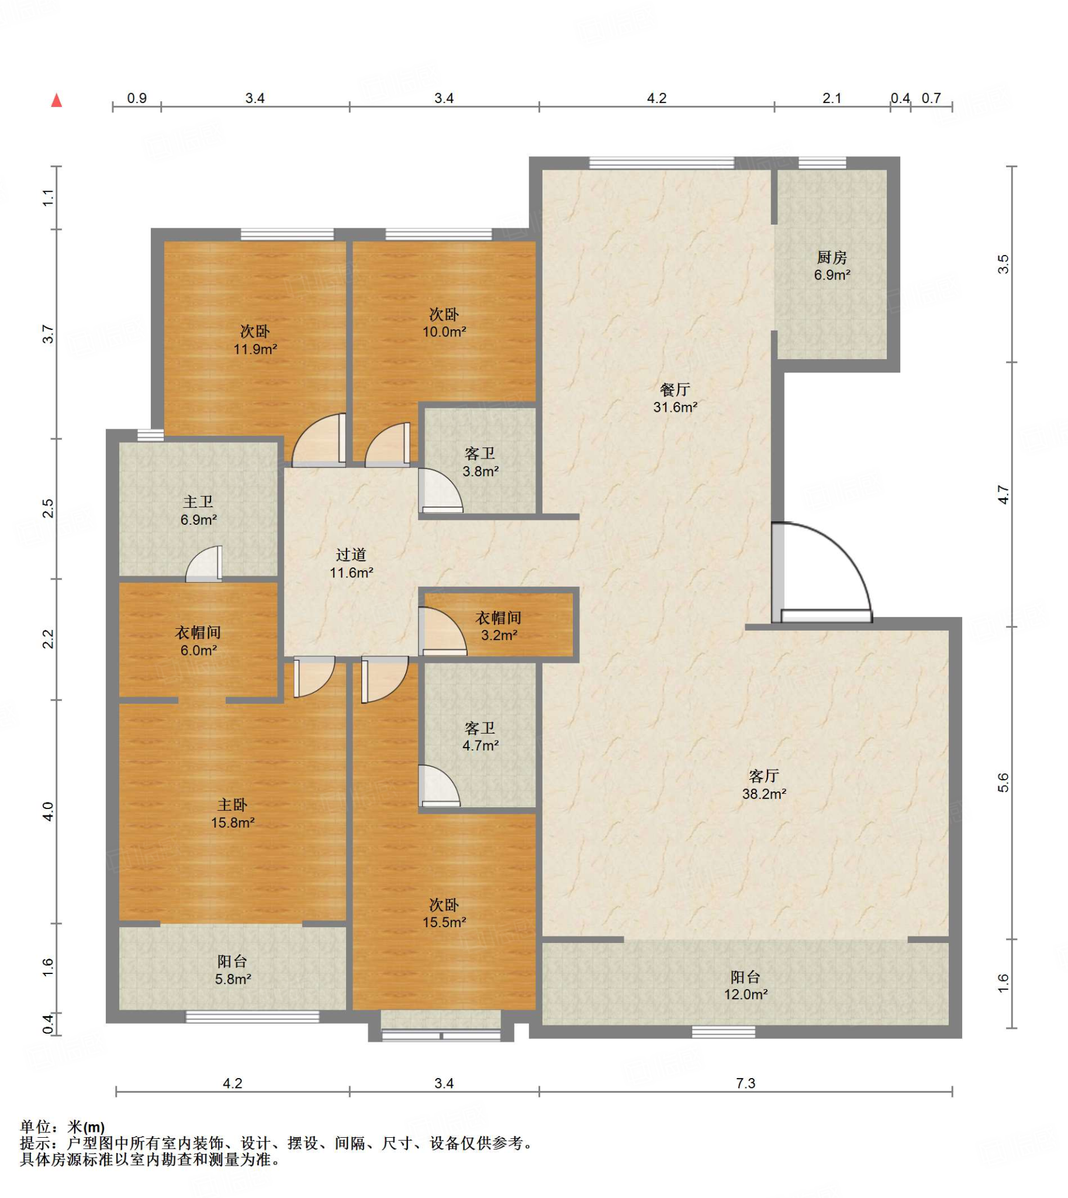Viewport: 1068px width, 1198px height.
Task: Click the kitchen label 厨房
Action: tap(831, 257)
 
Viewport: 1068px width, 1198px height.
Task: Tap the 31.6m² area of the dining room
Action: tap(675, 407)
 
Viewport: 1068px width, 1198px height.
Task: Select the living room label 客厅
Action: tap(763, 776)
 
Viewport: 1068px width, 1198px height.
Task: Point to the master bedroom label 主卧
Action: tap(233, 804)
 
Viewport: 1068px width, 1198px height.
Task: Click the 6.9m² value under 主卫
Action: tap(198, 519)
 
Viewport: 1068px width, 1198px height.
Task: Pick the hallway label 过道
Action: tap(351, 555)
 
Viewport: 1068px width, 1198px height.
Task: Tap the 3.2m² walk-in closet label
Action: tap(498, 635)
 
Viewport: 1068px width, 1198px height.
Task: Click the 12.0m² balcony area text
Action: tap(745, 994)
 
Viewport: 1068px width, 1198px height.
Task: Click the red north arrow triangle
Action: tap(57, 101)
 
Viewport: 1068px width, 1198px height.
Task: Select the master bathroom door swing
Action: tap(204, 564)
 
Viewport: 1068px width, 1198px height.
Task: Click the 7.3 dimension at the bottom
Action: tap(745, 1082)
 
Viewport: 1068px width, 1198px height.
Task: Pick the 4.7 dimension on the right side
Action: tap(1004, 494)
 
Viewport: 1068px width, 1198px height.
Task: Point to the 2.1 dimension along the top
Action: tap(831, 98)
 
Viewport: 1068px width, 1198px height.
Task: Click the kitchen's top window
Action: tap(822, 163)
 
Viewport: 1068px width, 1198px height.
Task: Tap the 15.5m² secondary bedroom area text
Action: tap(444, 922)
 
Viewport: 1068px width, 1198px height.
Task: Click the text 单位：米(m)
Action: tap(63, 1127)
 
